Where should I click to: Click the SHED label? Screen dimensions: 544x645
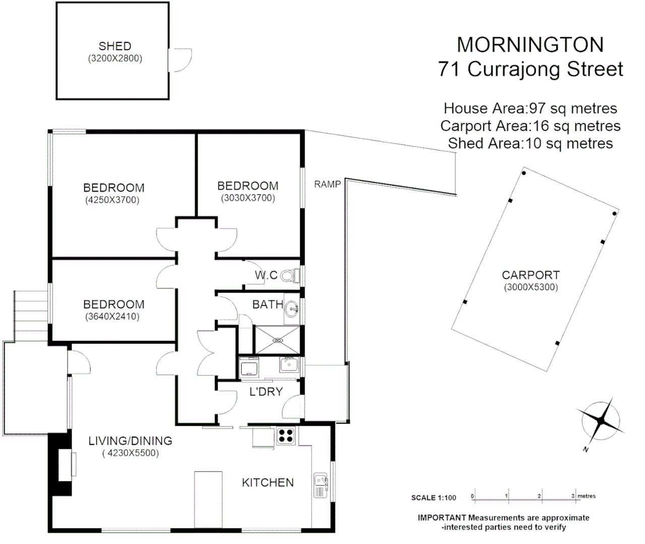[x=115, y=46]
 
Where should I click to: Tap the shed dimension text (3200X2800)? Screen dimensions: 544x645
[x=115, y=58]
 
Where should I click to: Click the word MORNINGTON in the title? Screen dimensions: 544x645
[x=530, y=45]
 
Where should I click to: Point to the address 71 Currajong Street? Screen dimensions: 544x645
[x=531, y=69]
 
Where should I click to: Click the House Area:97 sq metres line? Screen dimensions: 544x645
[x=530, y=108]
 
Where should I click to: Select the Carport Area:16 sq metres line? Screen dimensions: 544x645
[x=530, y=126]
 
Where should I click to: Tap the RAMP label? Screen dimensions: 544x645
[x=327, y=184]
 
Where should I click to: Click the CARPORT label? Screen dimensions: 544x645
[x=531, y=275]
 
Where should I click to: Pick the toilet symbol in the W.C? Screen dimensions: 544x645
[x=288, y=276]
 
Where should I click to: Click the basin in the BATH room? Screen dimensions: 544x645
[x=291, y=308]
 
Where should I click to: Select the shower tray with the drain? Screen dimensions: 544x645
[x=277, y=340]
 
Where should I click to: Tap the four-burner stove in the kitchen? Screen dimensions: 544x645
[x=285, y=435]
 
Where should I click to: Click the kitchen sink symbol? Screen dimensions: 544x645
[x=321, y=485]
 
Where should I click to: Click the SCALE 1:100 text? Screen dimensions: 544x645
[x=433, y=498]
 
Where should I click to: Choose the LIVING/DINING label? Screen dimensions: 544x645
[x=130, y=441]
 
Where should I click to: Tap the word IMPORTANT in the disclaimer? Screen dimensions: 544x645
[x=442, y=518]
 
